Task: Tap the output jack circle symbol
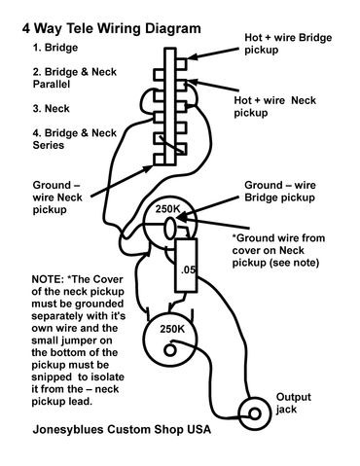click(257, 414)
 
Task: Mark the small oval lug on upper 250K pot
click(169, 228)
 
